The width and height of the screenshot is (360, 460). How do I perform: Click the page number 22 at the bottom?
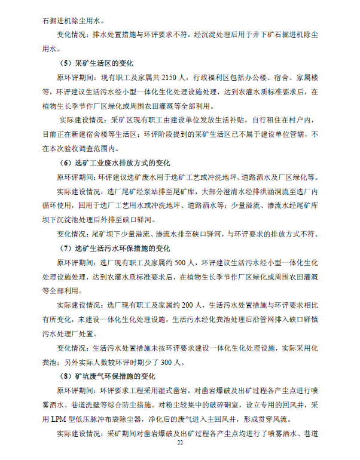click(179, 443)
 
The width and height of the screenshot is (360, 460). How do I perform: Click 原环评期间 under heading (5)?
click(75, 78)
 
